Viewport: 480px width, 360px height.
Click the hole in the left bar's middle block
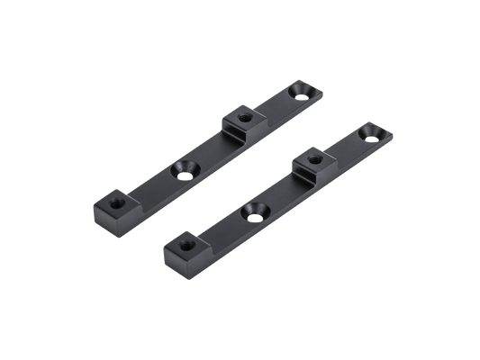pyautogui.click(x=241, y=115)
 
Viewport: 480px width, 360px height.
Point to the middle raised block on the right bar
pyautogui.click(x=311, y=161)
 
